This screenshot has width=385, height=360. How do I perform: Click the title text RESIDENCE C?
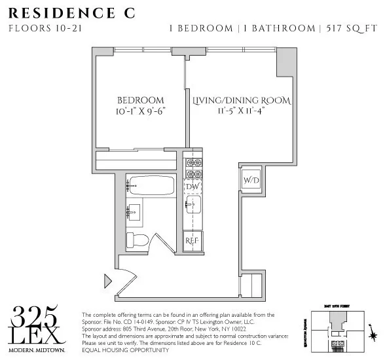pos(58,13)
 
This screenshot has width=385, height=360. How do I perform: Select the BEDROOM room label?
pos(140,100)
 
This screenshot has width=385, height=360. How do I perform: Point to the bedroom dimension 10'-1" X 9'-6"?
pos(140,111)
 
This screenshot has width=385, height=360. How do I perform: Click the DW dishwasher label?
pos(192,187)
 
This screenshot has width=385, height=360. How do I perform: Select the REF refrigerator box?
pos(192,240)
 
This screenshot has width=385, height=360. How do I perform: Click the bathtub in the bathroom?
pos(149,185)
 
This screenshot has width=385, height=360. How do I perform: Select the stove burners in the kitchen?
pos(192,168)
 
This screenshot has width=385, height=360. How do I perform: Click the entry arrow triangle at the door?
pos(108,281)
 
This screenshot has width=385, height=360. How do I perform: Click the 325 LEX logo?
pos(38,325)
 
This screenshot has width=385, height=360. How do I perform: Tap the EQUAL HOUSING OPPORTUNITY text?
pos(126,350)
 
